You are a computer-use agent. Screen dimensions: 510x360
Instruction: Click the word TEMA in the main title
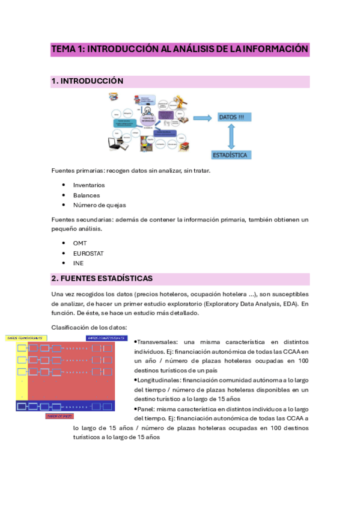click(x=63, y=49)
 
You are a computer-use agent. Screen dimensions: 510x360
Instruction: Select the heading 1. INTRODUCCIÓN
click(x=88, y=81)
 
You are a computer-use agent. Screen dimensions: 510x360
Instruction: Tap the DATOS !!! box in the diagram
click(x=231, y=117)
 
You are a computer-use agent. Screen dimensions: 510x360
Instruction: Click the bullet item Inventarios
click(x=89, y=185)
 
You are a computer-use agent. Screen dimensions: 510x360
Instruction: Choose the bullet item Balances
click(x=87, y=195)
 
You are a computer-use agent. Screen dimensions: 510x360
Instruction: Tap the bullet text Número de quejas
click(x=100, y=205)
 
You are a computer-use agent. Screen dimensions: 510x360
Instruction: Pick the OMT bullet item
click(x=81, y=243)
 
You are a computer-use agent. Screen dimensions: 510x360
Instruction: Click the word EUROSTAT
click(x=89, y=253)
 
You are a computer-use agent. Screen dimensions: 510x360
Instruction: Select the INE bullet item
click(x=78, y=263)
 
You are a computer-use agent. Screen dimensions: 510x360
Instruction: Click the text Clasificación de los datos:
click(x=89, y=327)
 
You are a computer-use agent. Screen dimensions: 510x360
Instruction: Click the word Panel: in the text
click(x=148, y=409)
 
